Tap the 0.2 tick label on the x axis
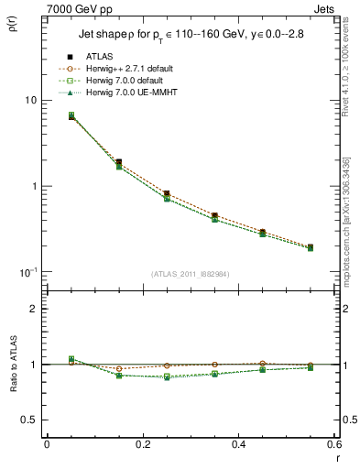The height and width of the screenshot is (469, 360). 142,443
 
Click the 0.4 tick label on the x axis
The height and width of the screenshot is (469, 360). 238,443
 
